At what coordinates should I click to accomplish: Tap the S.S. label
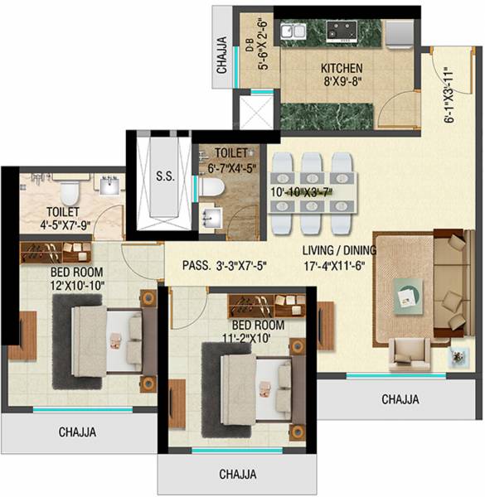(x=164, y=176)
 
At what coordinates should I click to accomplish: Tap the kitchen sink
(x=291, y=31)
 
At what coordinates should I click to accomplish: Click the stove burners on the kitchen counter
(x=341, y=31)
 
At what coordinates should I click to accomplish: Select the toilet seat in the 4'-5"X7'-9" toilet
(x=70, y=193)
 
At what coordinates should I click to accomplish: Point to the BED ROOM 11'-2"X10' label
(x=258, y=331)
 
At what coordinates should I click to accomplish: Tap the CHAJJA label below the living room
(x=400, y=399)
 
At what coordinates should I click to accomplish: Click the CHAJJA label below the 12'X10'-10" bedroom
(x=77, y=432)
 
